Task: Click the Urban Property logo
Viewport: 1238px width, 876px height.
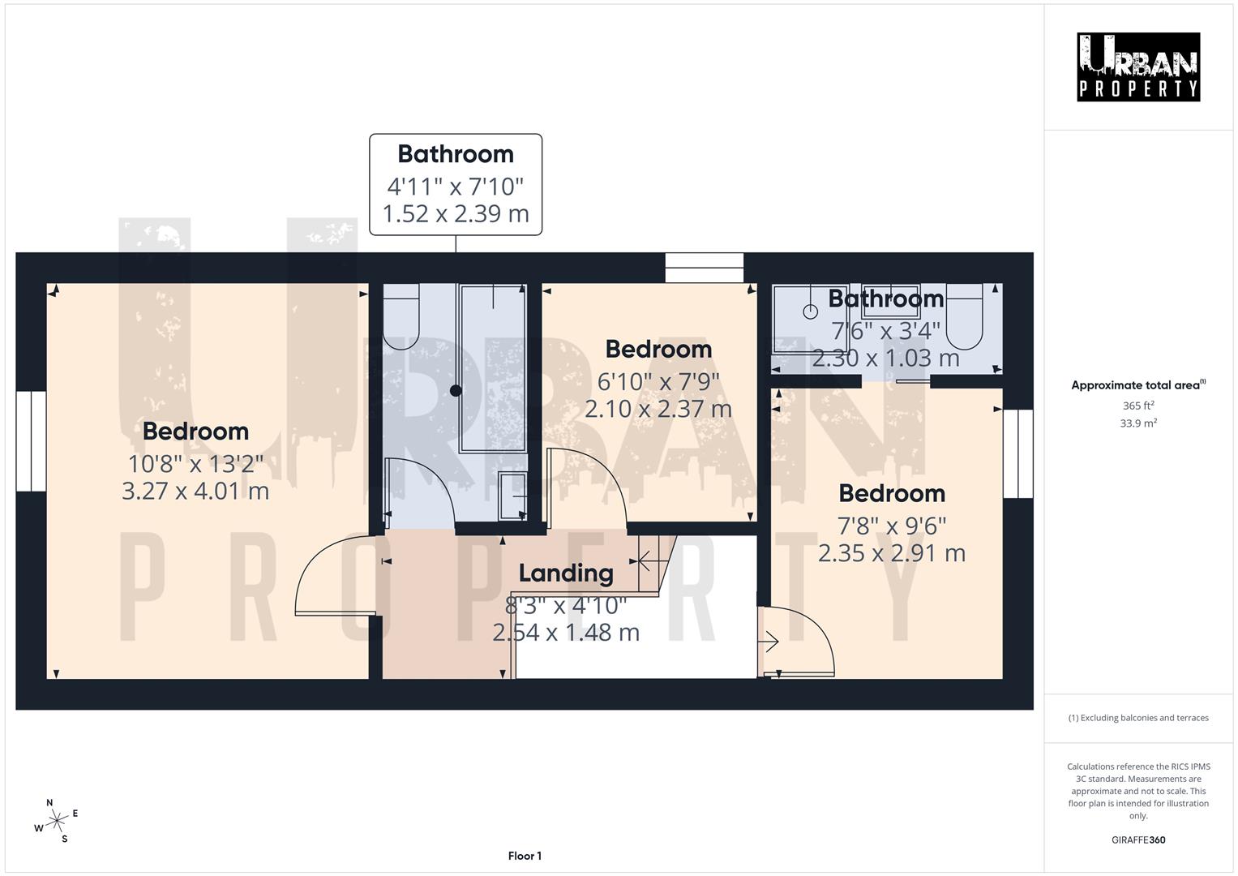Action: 1137,67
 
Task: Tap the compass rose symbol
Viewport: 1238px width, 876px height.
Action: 56,821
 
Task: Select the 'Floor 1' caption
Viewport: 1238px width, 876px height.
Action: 525,856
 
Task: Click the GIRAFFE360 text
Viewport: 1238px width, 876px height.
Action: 1137,839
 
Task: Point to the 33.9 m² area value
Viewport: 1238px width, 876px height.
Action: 1137,423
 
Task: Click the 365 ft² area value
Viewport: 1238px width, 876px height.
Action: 1137,406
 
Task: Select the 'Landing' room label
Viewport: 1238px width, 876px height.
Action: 566,573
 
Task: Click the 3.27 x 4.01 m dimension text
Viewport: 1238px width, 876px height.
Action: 195,492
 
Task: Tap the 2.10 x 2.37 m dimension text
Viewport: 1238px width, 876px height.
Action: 658,409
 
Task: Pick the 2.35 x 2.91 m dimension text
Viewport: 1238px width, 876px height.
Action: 892,553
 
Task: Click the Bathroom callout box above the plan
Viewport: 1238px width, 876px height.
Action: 456,185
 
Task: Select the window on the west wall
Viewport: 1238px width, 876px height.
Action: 31,441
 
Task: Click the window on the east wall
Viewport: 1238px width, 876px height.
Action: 1018,453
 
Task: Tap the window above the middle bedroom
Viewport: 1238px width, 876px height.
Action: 704,268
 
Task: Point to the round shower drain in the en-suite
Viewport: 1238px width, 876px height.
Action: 810,311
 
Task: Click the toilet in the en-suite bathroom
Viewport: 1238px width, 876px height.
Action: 964,318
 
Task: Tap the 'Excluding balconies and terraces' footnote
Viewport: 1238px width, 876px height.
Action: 1137,718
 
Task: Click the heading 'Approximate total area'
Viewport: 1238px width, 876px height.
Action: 1137,385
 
